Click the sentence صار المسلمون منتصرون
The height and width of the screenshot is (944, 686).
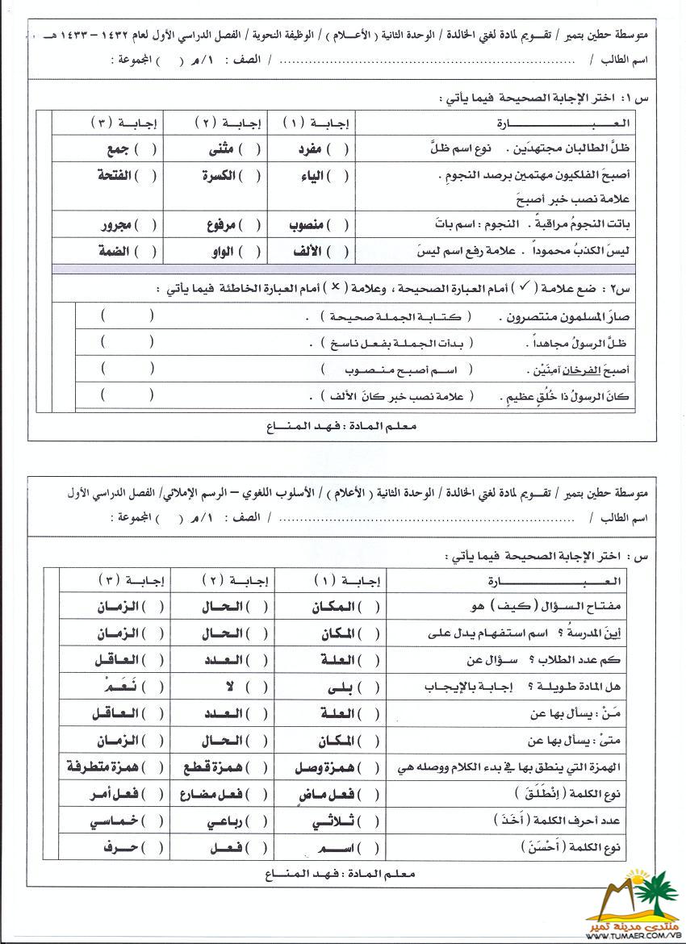pos(561,317)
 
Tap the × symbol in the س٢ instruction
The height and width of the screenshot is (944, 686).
pos(336,287)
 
